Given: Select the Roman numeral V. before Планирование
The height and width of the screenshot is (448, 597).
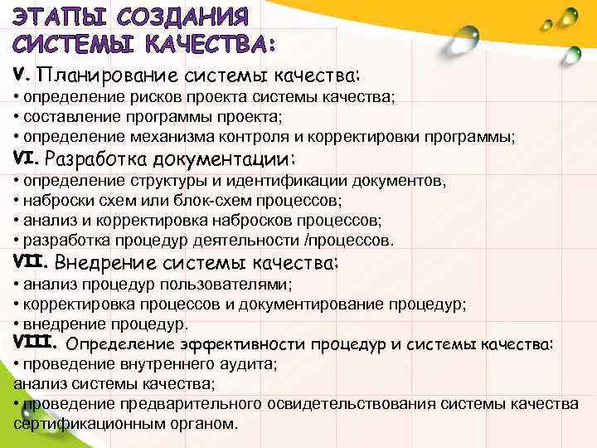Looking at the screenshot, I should coord(22,74).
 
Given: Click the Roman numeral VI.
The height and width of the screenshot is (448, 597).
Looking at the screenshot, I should coord(27,156).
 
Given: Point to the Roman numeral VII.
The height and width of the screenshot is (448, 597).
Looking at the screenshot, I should coord(32,261).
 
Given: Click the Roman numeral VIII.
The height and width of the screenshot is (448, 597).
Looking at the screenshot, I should coord(36,342).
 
